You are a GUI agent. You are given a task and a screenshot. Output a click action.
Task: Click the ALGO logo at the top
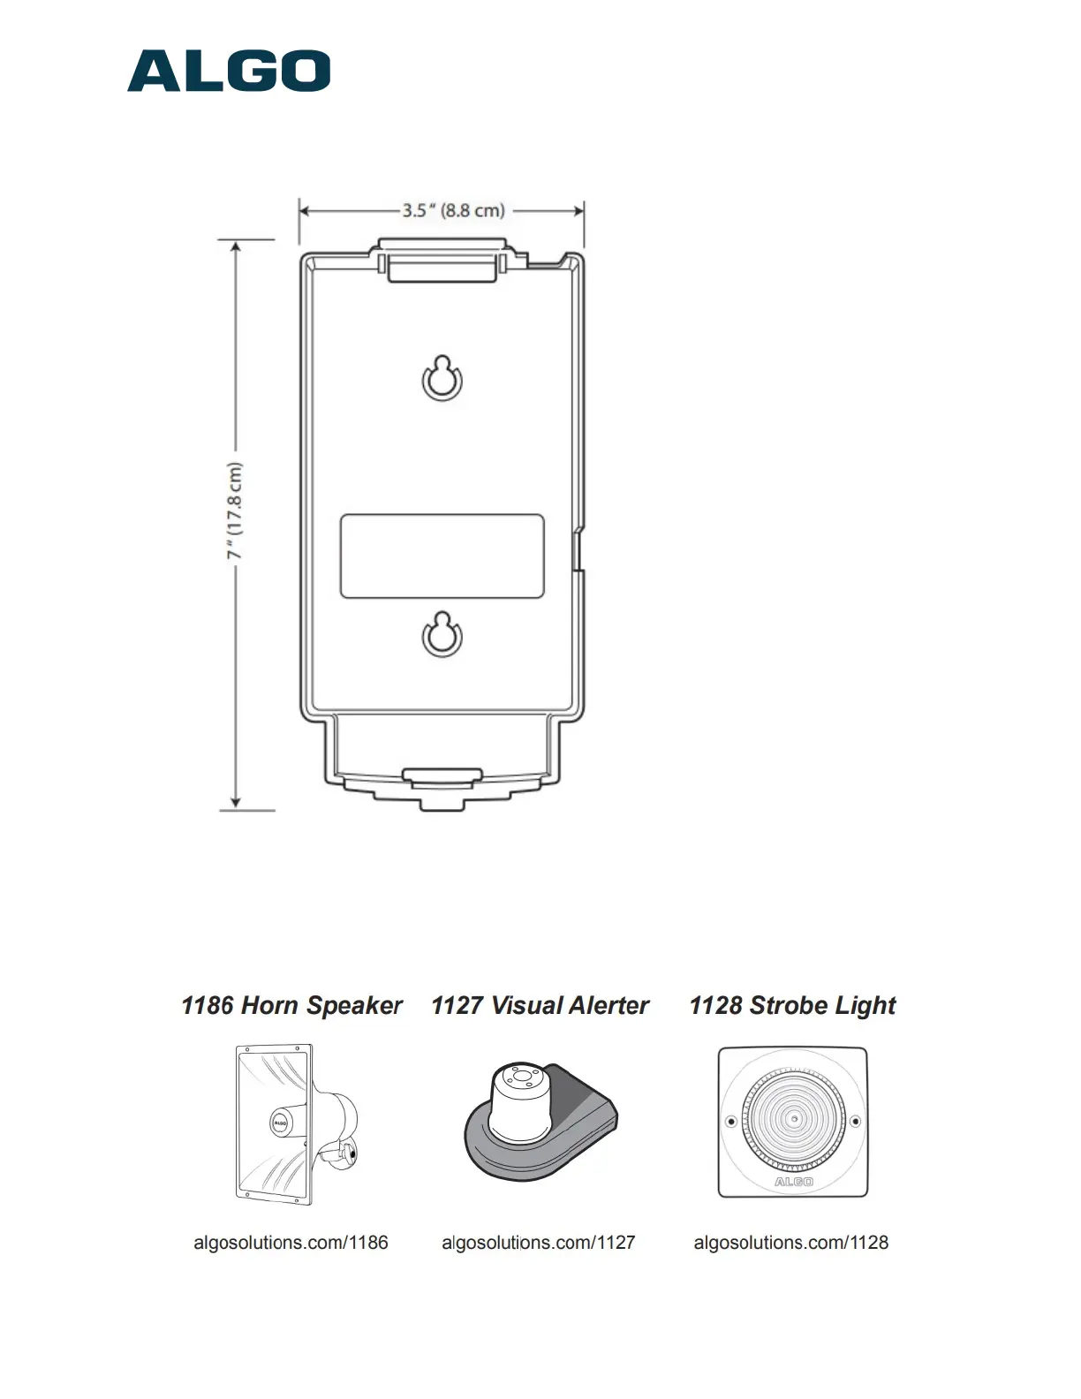(x=229, y=71)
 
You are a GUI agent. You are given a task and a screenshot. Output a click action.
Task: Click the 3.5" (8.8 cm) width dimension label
(x=453, y=210)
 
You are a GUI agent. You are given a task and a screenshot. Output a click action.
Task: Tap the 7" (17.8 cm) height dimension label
(x=235, y=510)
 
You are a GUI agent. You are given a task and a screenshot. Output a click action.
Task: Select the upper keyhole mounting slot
(x=442, y=379)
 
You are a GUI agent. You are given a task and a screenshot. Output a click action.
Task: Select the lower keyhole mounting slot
(x=442, y=635)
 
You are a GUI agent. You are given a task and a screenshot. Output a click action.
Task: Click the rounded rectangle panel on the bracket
(x=442, y=556)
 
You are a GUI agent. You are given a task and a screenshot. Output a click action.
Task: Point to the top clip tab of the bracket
(x=442, y=260)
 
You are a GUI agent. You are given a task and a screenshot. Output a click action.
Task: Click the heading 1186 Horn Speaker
(x=291, y=1005)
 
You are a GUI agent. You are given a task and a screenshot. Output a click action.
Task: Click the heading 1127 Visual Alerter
(x=540, y=1005)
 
